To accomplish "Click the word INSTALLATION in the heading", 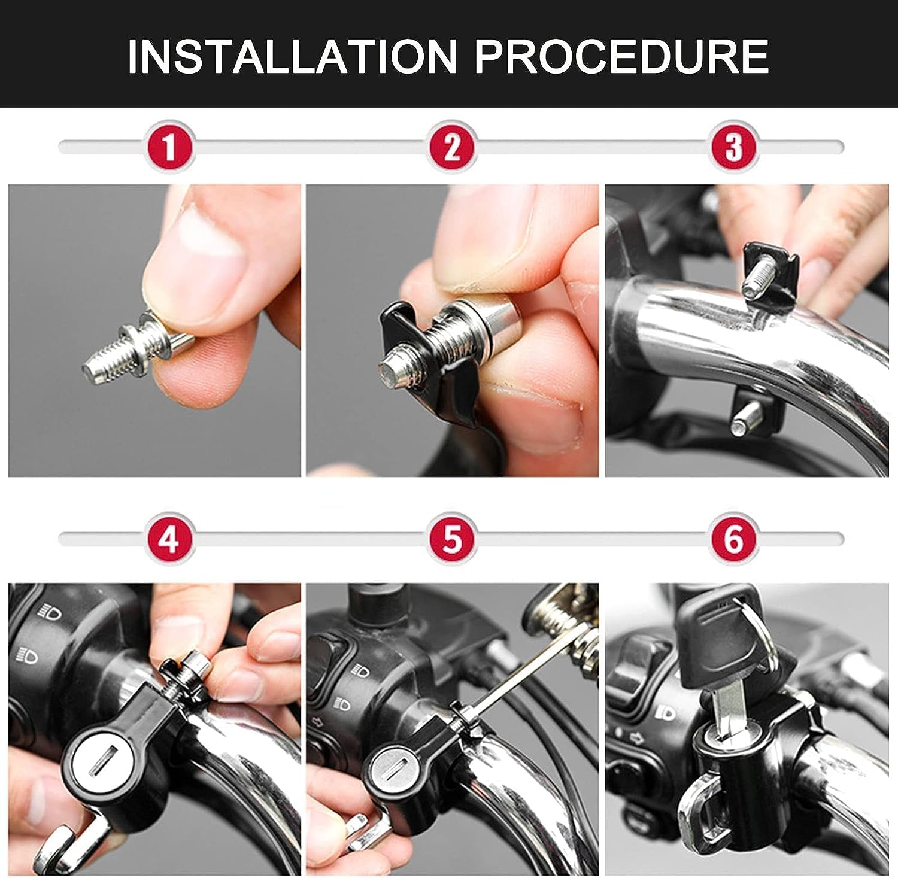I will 292,56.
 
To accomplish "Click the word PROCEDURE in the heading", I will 621,56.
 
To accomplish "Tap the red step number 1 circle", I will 169,147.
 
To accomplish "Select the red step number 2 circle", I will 452,147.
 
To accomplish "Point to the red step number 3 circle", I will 734,147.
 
